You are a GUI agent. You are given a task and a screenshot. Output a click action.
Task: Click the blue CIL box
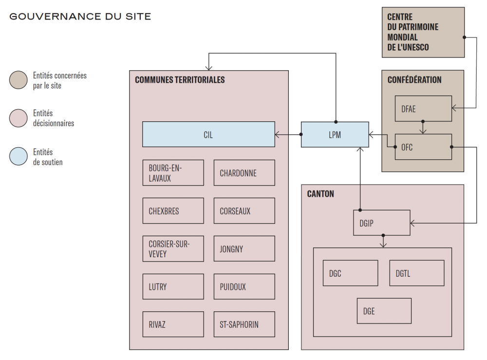(208, 134)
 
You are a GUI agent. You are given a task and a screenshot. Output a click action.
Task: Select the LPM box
(335, 134)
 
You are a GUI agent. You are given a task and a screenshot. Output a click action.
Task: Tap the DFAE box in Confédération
(423, 109)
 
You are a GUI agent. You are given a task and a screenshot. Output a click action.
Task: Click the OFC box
(423, 147)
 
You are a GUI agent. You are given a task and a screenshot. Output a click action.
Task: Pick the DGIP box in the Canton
(381, 223)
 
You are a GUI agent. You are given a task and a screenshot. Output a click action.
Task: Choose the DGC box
(350, 273)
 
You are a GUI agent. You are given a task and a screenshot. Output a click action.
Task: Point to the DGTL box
(416, 273)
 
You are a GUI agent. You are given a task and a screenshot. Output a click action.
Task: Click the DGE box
(384, 311)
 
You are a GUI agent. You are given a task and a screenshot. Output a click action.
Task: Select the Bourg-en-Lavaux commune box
(173, 173)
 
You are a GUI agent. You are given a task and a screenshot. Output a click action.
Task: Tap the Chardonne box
(244, 173)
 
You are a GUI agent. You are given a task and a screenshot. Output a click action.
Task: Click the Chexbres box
(173, 211)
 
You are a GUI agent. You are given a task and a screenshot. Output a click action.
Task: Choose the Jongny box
(244, 249)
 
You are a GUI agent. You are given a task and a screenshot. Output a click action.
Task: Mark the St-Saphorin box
(244, 324)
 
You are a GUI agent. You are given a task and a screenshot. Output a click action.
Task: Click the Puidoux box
(244, 286)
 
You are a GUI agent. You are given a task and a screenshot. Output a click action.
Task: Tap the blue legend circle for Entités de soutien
(19, 157)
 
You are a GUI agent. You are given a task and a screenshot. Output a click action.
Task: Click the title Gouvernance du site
(80, 17)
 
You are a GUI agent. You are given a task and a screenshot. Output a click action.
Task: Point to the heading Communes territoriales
(180, 80)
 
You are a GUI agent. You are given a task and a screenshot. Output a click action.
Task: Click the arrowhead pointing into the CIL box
(278, 134)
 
